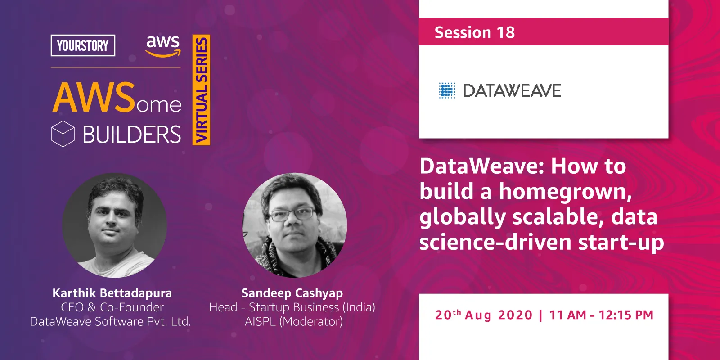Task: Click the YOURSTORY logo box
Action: (x=83, y=45)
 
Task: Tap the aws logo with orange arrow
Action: (x=163, y=46)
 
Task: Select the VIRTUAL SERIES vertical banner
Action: (x=201, y=90)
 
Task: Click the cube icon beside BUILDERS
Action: (x=63, y=134)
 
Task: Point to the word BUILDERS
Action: (x=132, y=135)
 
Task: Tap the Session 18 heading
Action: (x=474, y=32)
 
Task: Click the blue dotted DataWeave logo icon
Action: (x=447, y=90)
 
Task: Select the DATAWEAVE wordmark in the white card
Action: (x=512, y=91)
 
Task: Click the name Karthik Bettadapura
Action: (x=112, y=293)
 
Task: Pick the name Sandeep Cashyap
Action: (x=292, y=293)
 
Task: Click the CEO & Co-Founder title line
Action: (x=112, y=307)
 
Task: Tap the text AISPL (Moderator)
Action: (x=293, y=322)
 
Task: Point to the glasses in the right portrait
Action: (x=292, y=214)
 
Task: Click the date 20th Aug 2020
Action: (x=484, y=315)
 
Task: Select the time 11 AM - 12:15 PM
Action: (x=601, y=315)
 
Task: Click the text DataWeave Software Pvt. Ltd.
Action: (x=111, y=322)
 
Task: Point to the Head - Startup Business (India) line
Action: (x=292, y=307)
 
